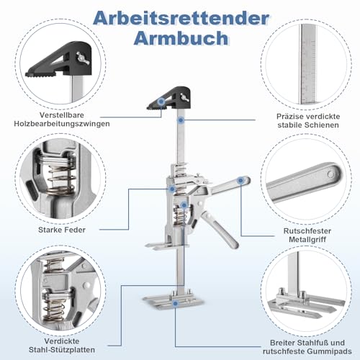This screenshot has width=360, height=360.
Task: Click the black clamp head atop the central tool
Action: [x=171, y=97]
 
